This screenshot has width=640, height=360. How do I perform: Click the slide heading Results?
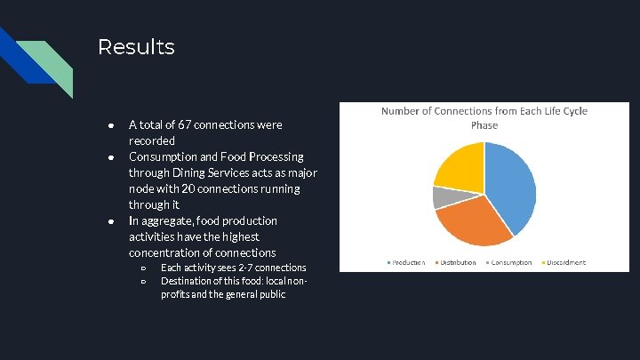tap(136, 46)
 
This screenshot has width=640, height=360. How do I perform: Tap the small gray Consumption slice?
tap(440, 196)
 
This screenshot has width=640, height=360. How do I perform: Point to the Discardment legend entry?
tap(565, 262)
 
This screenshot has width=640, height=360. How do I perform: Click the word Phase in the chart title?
tap(484, 125)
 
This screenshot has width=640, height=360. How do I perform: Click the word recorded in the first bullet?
tap(152, 141)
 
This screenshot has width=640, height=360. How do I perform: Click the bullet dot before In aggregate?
tap(107, 221)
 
